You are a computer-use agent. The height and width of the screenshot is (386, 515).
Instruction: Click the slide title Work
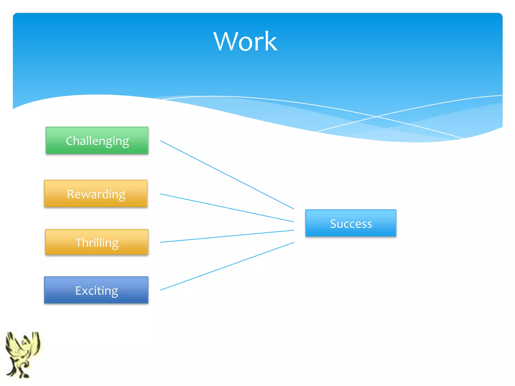245,41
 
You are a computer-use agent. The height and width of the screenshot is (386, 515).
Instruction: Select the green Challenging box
97,140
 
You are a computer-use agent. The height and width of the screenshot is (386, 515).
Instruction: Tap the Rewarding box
96,194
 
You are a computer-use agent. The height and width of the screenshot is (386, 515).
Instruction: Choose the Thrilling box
97,242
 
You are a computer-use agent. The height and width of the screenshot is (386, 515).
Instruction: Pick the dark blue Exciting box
96,290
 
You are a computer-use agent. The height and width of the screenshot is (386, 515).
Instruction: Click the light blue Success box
351,223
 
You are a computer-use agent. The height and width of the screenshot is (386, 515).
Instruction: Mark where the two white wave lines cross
376,117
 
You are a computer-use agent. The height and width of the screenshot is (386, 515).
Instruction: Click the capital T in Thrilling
79,243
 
